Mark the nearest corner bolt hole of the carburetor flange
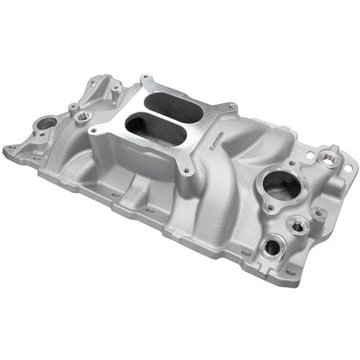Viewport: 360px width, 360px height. [x=186, y=171]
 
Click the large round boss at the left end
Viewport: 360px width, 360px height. [x=45, y=124]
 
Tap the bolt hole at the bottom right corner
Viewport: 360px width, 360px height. [x=290, y=274]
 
